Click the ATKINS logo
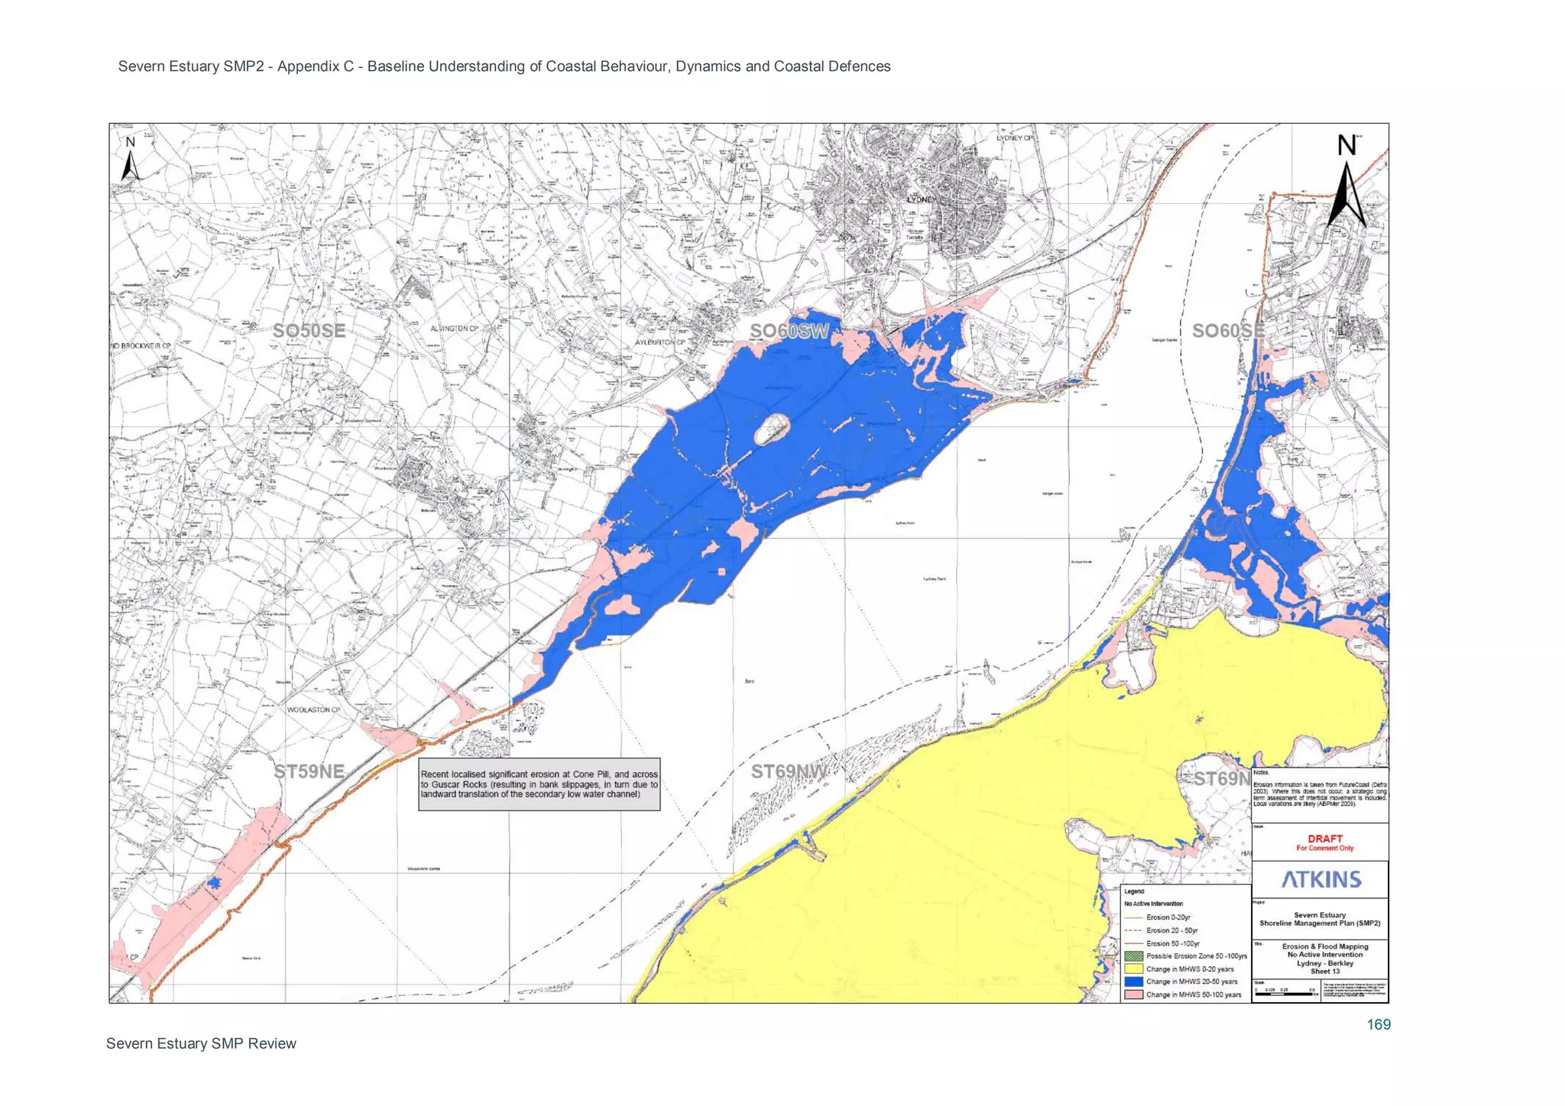tap(1321, 879)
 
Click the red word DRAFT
tap(1324, 838)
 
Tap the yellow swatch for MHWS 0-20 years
tap(1133, 969)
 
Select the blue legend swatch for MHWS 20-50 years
tap(1133, 981)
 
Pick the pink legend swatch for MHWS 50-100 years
tap(1133, 994)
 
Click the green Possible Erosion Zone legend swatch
tap(1133, 956)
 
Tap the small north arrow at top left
tap(131, 160)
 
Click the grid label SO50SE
tap(309, 331)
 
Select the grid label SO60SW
tap(789, 331)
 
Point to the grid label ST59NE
tap(309, 771)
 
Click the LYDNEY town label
tap(921, 199)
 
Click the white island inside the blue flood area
tap(772, 428)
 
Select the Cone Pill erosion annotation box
tap(539, 784)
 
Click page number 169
tap(1378, 1024)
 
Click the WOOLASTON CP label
tap(313, 710)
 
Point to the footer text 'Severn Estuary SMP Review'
tap(201, 1043)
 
